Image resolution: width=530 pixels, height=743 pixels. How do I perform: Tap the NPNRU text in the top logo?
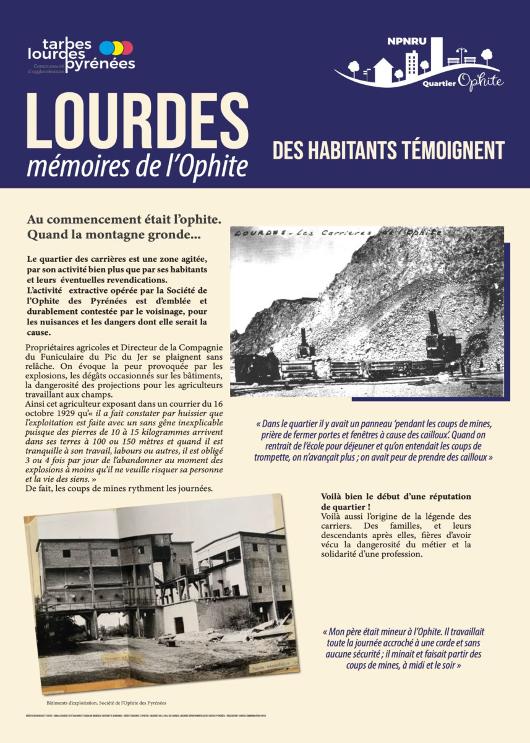point(403,42)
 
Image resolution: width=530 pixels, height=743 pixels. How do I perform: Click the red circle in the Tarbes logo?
point(127,48)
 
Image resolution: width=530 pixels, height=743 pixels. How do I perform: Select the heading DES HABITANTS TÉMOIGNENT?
point(388,150)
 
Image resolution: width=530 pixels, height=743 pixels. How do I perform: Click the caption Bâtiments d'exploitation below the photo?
point(76,703)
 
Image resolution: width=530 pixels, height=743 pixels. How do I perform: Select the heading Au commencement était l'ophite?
point(124,220)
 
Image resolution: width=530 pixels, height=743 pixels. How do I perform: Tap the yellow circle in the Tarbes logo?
point(117,48)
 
